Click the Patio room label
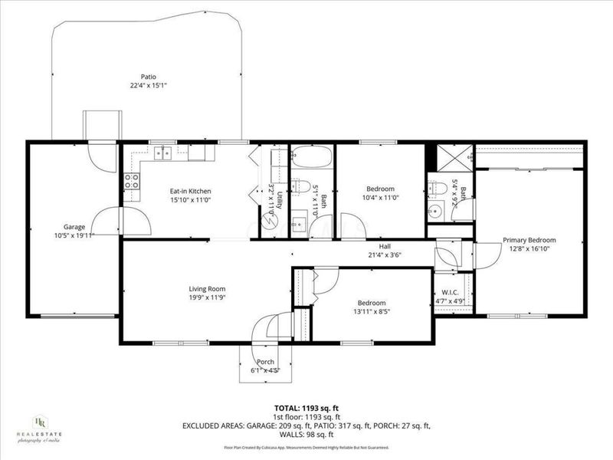coord(149,77)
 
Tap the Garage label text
coord(74,227)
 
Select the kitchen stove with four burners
coord(132,182)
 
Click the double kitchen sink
coord(162,153)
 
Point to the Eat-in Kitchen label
coord(190,191)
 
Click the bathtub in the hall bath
coord(310,158)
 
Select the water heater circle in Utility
coord(269,222)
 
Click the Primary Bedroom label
coord(529,240)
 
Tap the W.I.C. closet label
coord(450,292)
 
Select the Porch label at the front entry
coord(265,362)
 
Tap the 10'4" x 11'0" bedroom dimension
coord(380,198)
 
